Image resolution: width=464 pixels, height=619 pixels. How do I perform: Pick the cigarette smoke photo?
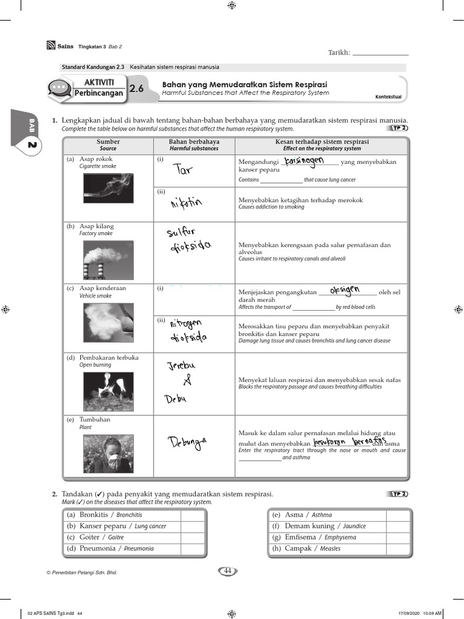pyautogui.click(x=108, y=189)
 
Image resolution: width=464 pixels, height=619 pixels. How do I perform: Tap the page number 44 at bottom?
pyautogui.click(x=228, y=571)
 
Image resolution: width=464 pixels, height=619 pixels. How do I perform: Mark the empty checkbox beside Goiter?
pyautogui.click(x=193, y=537)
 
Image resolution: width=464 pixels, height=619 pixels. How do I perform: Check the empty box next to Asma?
pyautogui.click(x=399, y=515)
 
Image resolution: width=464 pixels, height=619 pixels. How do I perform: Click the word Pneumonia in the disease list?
pyautogui.click(x=97, y=548)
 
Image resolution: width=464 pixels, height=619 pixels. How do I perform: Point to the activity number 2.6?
pyautogui.click(x=137, y=89)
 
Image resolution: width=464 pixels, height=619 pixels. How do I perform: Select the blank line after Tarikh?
pyautogui.click(x=380, y=53)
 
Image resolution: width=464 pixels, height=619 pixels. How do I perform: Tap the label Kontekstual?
pyautogui.click(x=388, y=97)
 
